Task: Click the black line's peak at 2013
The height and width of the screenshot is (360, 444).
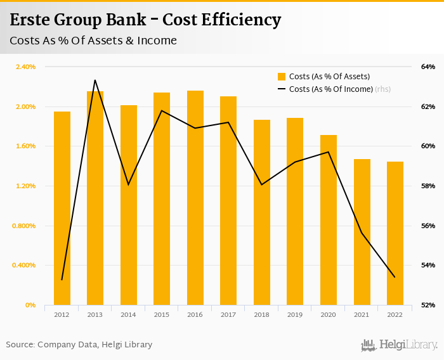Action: (x=95, y=80)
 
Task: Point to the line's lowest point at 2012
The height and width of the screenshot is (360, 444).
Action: (x=62, y=280)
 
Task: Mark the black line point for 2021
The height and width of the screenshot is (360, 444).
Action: (x=362, y=233)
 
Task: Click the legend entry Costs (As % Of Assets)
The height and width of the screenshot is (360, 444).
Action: (x=323, y=77)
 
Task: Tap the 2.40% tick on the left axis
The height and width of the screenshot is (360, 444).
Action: (x=26, y=67)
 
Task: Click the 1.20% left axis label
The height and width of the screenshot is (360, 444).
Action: (x=26, y=186)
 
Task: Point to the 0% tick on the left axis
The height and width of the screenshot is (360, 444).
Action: (x=30, y=305)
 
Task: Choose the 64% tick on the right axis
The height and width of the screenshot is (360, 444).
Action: (x=428, y=67)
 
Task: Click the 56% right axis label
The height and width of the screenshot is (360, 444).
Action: (x=428, y=226)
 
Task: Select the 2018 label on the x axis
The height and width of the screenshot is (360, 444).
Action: (x=262, y=314)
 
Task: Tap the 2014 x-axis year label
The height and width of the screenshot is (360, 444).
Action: (x=129, y=314)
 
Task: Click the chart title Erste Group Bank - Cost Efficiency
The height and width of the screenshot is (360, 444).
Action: (x=145, y=20)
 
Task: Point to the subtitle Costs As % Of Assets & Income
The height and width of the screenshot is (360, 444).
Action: (x=93, y=41)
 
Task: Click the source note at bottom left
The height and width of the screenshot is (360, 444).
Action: (x=79, y=345)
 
